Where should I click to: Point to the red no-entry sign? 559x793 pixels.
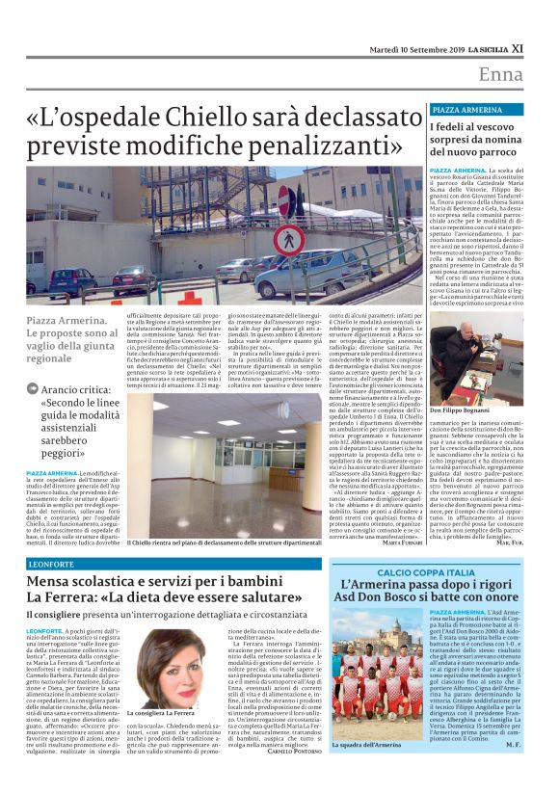tap(292, 207)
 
